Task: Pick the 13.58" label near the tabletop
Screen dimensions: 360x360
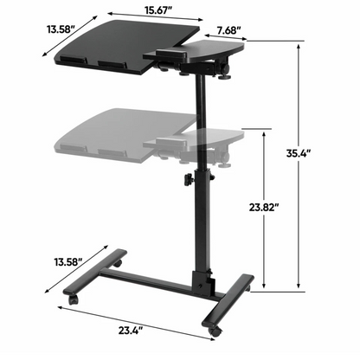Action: (27, 29)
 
